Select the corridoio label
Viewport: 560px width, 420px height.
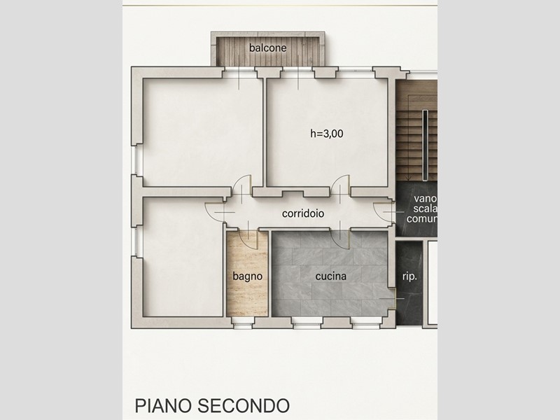pyautogui.click(x=302, y=213)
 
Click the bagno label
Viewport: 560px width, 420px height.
pyautogui.click(x=247, y=276)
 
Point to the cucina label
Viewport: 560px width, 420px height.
pyautogui.click(x=330, y=276)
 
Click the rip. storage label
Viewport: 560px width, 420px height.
pyautogui.click(x=409, y=276)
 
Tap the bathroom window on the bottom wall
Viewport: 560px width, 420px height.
pyautogui.click(x=243, y=322)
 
